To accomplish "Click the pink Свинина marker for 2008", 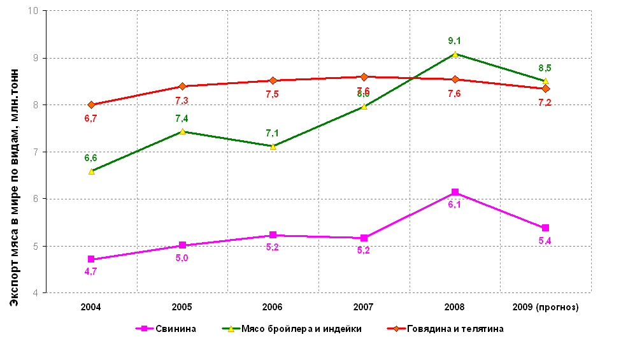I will (x=455, y=192).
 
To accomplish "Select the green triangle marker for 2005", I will (x=182, y=131).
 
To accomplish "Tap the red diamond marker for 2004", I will (x=91, y=104).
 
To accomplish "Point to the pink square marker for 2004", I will (x=91, y=259).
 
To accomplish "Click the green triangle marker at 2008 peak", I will (x=455, y=54).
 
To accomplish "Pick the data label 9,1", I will (x=455, y=41).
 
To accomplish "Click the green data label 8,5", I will (x=545, y=68).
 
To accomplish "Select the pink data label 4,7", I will (x=90, y=271).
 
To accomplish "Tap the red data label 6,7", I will (x=90, y=118).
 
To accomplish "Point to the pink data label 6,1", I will (x=455, y=205).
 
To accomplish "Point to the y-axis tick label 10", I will (x=33, y=11).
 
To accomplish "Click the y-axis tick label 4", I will (x=36, y=293).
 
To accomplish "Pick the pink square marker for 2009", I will (x=545, y=228).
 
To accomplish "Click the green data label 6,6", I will (x=90, y=158).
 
